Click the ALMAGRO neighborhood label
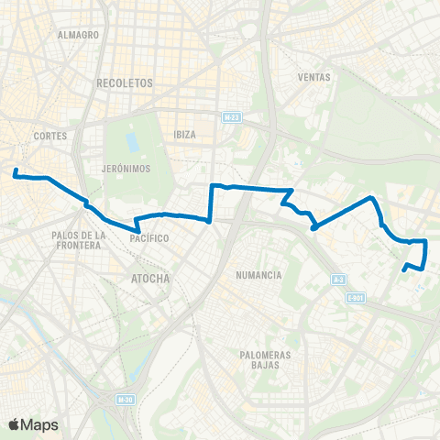[78, 35]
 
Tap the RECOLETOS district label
[124, 82]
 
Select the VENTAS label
[313, 77]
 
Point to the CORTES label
[48, 136]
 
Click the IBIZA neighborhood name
[185, 134]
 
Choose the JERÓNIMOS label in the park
[126, 170]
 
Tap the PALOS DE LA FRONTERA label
[81, 240]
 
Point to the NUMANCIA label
[258, 275]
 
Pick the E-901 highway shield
[357, 298]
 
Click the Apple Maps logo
[33, 424]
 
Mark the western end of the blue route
[16, 171]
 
